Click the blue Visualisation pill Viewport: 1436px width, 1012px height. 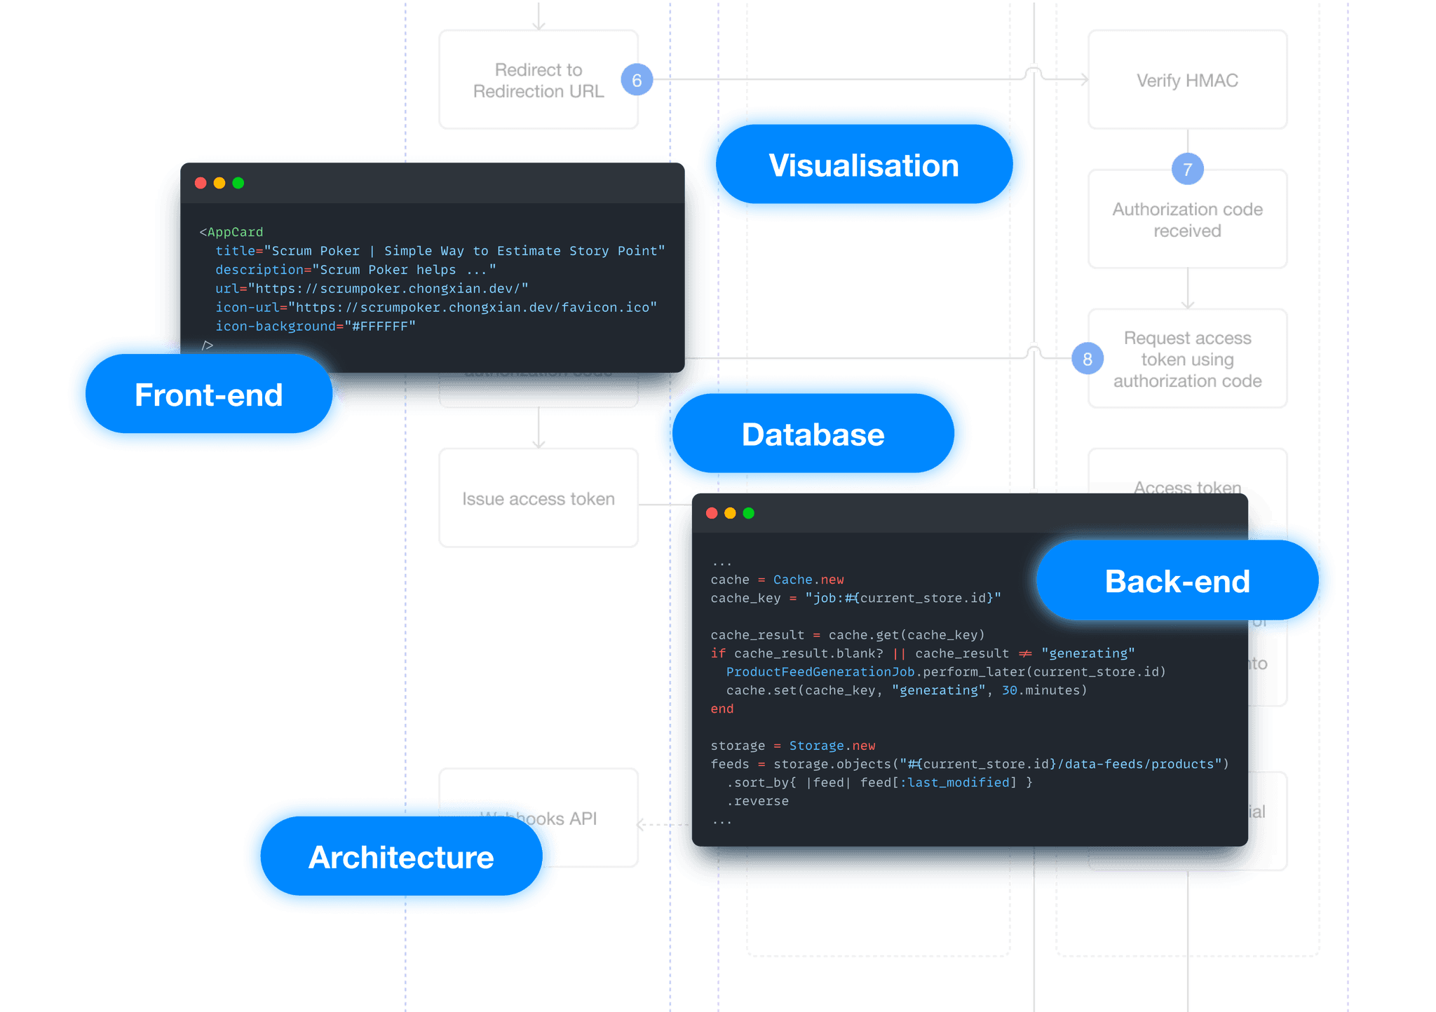(x=864, y=165)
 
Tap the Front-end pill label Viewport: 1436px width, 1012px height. (x=209, y=395)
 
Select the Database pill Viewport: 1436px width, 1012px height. (x=813, y=435)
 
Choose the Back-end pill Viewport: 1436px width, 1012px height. (x=1178, y=581)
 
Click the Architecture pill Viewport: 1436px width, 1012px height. (x=401, y=857)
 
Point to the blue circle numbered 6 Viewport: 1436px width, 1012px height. (x=637, y=81)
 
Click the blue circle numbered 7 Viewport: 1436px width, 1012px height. (x=1187, y=170)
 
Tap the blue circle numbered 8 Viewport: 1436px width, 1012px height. (x=1088, y=360)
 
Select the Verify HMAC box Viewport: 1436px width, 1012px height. (x=1187, y=81)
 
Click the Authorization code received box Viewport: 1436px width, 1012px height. (x=1187, y=220)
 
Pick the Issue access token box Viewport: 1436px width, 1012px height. (x=538, y=499)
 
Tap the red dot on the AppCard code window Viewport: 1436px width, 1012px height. (x=201, y=183)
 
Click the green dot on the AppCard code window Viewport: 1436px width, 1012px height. (x=238, y=183)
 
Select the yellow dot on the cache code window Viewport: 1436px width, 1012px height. (x=730, y=513)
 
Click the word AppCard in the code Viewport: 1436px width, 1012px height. (x=235, y=232)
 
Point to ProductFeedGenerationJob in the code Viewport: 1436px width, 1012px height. (x=820, y=671)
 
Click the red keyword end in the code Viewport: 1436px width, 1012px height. (x=722, y=709)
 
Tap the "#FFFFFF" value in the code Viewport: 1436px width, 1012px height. (x=380, y=326)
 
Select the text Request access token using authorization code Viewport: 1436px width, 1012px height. (x=1187, y=360)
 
